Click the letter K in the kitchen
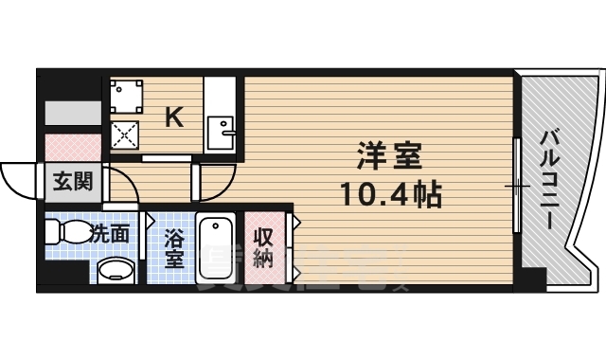tap(174, 117)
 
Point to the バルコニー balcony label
tap(548, 180)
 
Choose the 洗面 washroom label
tap(111, 233)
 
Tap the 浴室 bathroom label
tap(173, 248)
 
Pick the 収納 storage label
tap(263, 248)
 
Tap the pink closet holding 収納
tap(264, 249)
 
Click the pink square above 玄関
tap(73, 147)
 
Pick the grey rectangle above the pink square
tap(72, 111)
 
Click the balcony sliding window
tap(518, 185)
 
